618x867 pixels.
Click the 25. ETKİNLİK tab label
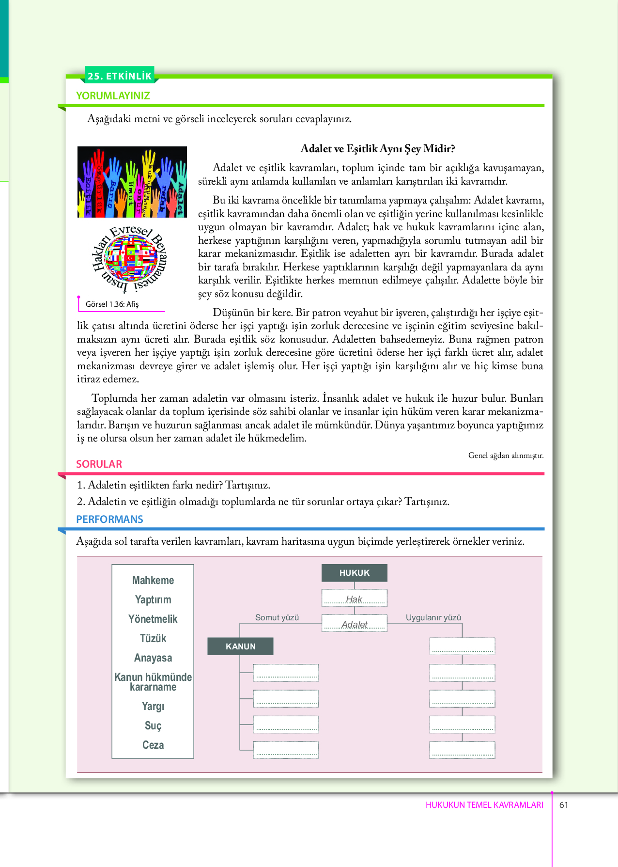coord(120,76)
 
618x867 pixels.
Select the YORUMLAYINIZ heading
coord(113,95)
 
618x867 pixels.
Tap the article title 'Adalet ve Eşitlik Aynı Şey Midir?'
coord(378,148)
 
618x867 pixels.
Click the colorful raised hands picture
coord(132,182)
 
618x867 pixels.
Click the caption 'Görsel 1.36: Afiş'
coord(112,304)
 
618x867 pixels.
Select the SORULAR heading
coord(99,464)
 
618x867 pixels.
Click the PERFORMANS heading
coord(109,519)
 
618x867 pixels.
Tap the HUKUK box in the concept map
coord(355,573)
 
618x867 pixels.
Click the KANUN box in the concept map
coord(240,646)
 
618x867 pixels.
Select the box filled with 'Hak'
coord(355,599)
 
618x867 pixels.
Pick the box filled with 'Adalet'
coord(355,623)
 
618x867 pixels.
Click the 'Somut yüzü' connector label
coord(277,617)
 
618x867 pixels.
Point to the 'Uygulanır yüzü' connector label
coord(433,617)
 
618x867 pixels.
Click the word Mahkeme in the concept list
coord(153,580)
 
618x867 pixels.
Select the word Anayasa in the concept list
coord(153,658)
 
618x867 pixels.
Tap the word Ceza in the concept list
coord(153,745)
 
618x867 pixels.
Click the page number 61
coord(564,805)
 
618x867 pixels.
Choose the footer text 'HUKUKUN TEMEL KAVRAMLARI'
coord(484,805)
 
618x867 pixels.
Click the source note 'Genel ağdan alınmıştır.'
coord(506,455)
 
